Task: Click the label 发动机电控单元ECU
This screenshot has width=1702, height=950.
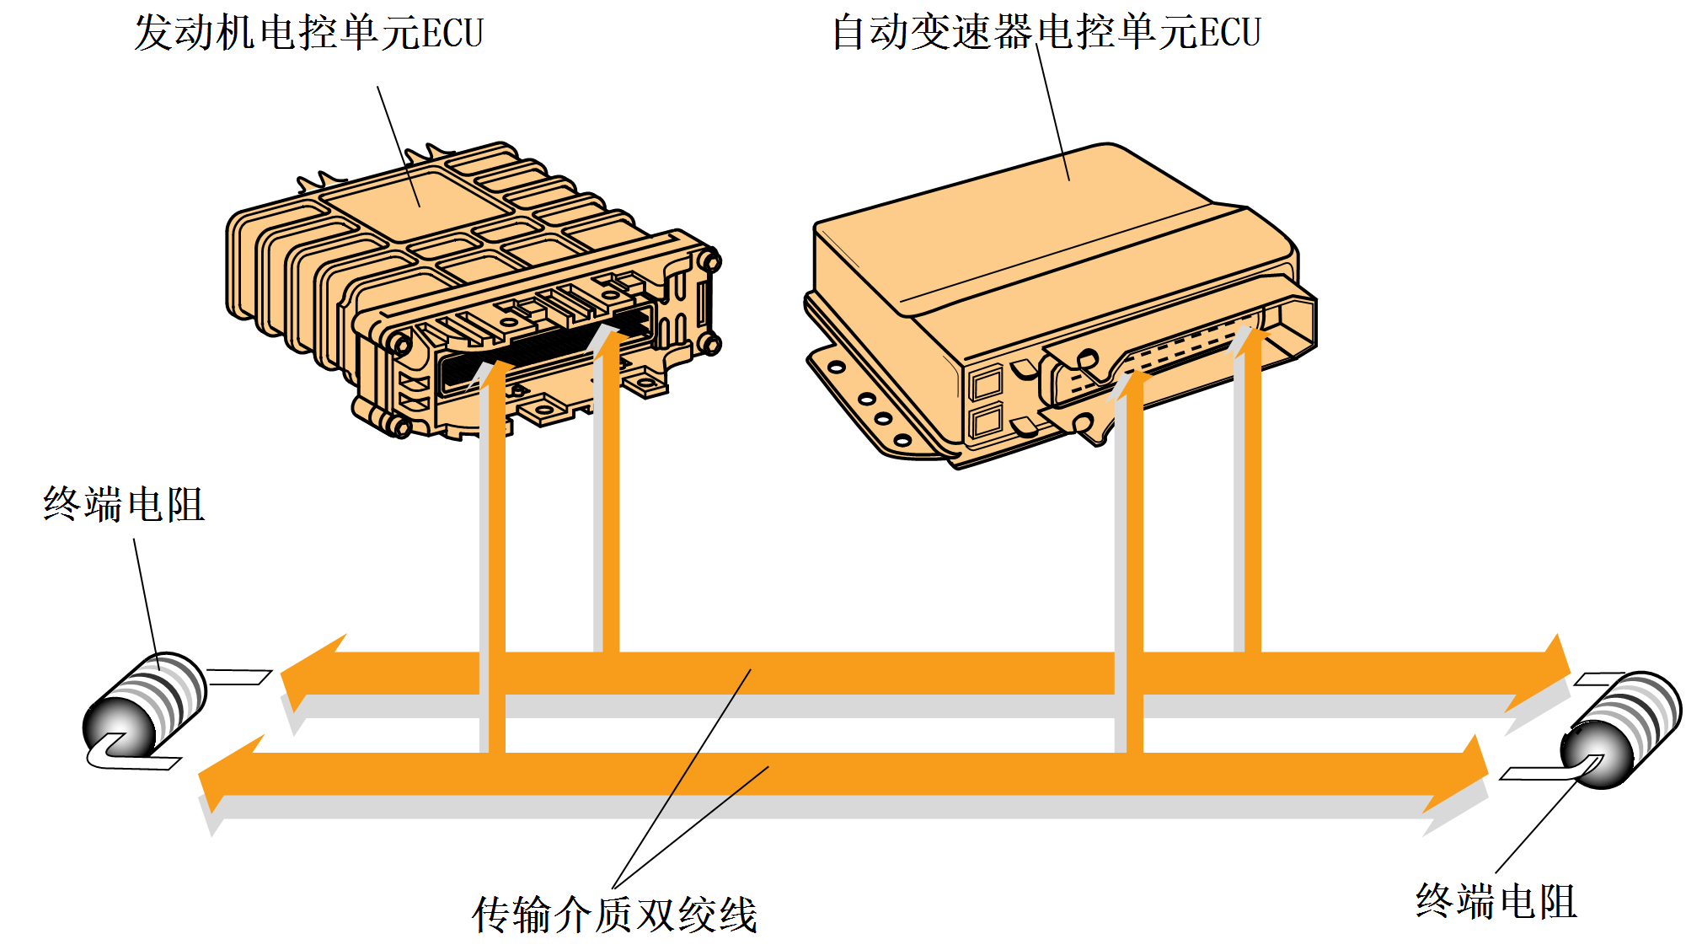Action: click(308, 34)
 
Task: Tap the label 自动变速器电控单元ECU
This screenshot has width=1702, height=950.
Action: click(1046, 34)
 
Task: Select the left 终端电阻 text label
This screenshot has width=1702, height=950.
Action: click(124, 505)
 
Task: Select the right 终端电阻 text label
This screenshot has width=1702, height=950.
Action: click(1496, 901)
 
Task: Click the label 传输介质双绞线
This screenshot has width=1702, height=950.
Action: click(614, 915)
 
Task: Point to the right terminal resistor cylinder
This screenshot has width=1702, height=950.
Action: click(1622, 730)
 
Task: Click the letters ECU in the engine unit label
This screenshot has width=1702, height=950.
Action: click(452, 34)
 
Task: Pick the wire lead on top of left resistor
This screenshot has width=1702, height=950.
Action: click(239, 676)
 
